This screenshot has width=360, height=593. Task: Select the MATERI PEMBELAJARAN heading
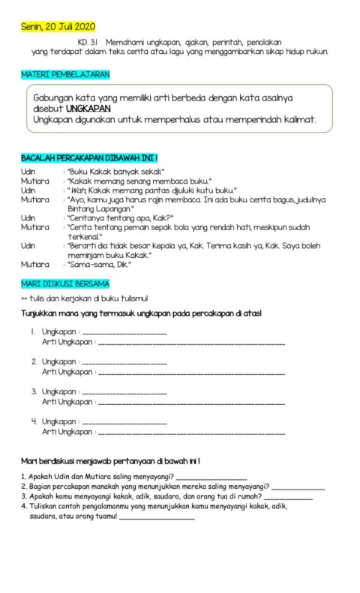(66, 75)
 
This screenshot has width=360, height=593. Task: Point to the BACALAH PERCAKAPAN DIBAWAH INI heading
(89, 158)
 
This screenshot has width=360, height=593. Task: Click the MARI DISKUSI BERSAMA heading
(64, 283)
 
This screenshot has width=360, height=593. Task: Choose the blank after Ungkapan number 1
(124, 332)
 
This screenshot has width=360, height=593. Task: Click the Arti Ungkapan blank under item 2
(192, 373)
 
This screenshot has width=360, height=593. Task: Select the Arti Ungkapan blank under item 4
(192, 433)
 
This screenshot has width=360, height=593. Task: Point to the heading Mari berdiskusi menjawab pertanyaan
(110, 460)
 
